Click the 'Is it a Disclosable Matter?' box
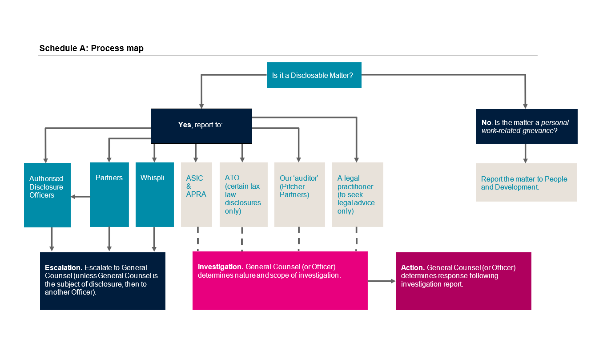pos(314,75)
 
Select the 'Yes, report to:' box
pos(201,126)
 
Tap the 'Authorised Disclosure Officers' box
pos(47,195)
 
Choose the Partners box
pos(109,194)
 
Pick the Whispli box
pos(155,194)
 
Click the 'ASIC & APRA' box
pos(197,194)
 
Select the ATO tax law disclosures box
pos(244,194)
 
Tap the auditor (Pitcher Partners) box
pos(300,194)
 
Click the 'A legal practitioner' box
pos(358,194)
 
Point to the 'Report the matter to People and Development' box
pos(527,182)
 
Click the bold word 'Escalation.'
pos(64,267)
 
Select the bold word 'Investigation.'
pos(221,267)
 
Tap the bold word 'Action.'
pos(413,267)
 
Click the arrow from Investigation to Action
pos(382,281)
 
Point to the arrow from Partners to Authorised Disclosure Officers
pos(80,197)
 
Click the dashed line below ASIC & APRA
pos(198,239)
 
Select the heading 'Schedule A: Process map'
pos(91,48)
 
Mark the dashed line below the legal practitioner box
pos(357,239)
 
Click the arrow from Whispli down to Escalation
pos(154,239)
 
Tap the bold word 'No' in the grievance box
pos(486,122)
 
